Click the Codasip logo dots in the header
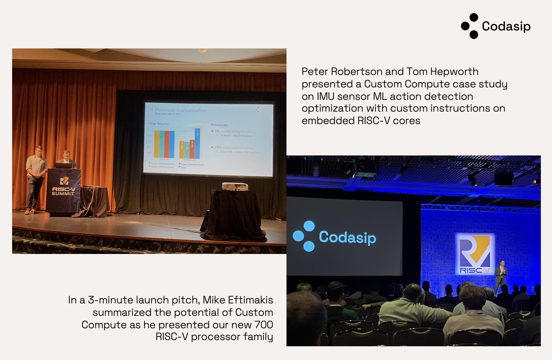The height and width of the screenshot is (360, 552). [470, 26]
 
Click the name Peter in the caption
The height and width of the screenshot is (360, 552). [315, 71]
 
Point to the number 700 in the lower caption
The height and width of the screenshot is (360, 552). [264, 325]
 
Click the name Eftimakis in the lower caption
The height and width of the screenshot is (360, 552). [250, 300]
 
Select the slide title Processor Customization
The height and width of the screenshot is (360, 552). [181, 110]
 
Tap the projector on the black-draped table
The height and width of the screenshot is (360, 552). [235, 187]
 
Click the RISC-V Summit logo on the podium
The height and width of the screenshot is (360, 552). [64, 187]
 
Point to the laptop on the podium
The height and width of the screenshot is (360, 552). [64, 166]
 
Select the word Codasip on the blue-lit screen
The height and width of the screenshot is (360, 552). [347, 237]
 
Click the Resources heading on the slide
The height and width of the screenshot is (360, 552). [219, 125]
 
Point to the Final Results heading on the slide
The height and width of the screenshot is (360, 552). [159, 124]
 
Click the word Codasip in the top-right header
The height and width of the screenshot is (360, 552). [506, 26]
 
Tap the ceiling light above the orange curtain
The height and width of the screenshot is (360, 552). [203, 50]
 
